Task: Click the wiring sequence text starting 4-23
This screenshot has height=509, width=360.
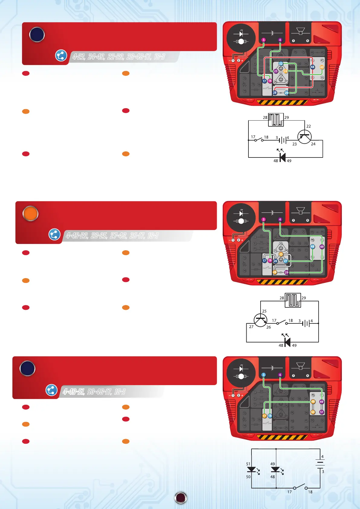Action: pyautogui.click(x=118, y=57)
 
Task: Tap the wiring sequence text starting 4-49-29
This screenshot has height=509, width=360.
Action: pyautogui.click(x=112, y=235)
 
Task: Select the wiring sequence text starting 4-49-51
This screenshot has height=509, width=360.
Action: pyautogui.click(x=94, y=392)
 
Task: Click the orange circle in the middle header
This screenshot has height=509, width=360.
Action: pyautogui.click(x=30, y=214)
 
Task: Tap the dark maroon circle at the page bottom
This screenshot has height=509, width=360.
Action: pyautogui.click(x=181, y=498)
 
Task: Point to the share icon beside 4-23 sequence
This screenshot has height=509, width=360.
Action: pyautogui.click(x=61, y=56)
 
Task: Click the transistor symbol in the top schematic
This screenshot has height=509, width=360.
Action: pyautogui.click(x=304, y=137)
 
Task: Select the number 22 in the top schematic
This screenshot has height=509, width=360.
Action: pyautogui.click(x=308, y=126)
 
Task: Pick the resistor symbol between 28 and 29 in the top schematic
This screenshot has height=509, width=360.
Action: pyautogui.click(x=276, y=120)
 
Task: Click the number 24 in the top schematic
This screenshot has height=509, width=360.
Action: pyautogui.click(x=313, y=144)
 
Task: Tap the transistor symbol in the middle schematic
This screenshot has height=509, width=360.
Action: pyautogui.click(x=260, y=320)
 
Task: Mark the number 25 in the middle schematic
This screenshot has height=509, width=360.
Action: pyautogui.click(x=264, y=311)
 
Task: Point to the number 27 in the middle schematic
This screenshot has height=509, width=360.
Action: pyautogui.click(x=251, y=327)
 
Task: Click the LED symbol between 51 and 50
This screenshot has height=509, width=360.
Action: pyautogui.click(x=251, y=469)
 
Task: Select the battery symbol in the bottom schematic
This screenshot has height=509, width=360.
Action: pyautogui.click(x=320, y=464)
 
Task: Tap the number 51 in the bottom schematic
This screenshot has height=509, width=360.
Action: pyautogui.click(x=248, y=464)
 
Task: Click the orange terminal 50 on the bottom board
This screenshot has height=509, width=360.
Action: pyautogui.click(x=313, y=412)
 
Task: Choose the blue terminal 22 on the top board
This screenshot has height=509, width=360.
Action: pyautogui.click(x=281, y=63)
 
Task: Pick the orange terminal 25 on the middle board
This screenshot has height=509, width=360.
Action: pyautogui.click(x=281, y=254)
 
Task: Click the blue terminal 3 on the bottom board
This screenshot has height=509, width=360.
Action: pyautogui.click(x=264, y=375)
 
